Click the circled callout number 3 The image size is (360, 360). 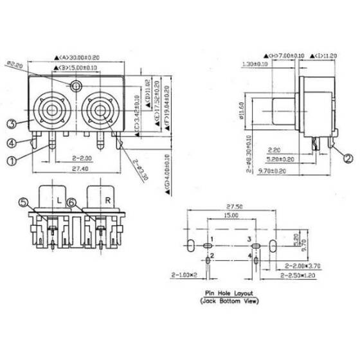[x=12, y=123]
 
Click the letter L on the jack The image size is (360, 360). [x=59, y=201]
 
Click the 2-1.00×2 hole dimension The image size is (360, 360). [x=184, y=274]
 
